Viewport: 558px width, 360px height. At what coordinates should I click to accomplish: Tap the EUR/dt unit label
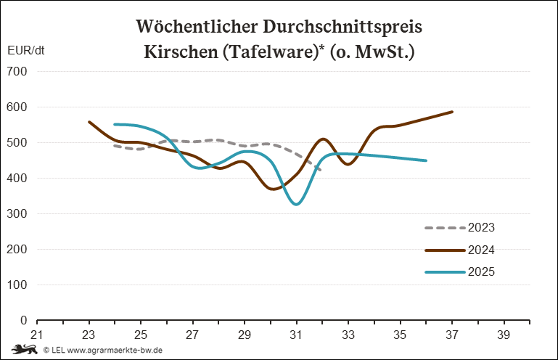[x=25, y=52]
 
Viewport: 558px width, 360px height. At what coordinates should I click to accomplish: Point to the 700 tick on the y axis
[x=17, y=72]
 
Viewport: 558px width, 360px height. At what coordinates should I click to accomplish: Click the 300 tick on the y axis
[x=17, y=214]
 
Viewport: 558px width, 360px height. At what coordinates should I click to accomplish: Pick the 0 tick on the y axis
[x=23, y=321]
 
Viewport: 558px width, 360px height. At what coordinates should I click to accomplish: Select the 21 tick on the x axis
[x=37, y=335]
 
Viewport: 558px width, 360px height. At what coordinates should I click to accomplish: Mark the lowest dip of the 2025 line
[x=296, y=205]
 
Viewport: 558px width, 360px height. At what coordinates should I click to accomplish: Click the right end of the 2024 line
[x=452, y=112]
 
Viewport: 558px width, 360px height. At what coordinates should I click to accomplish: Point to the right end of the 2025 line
[x=426, y=160]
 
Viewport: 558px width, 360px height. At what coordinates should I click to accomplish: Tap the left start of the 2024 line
[x=89, y=122]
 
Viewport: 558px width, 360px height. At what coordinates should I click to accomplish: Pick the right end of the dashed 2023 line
[x=321, y=171]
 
